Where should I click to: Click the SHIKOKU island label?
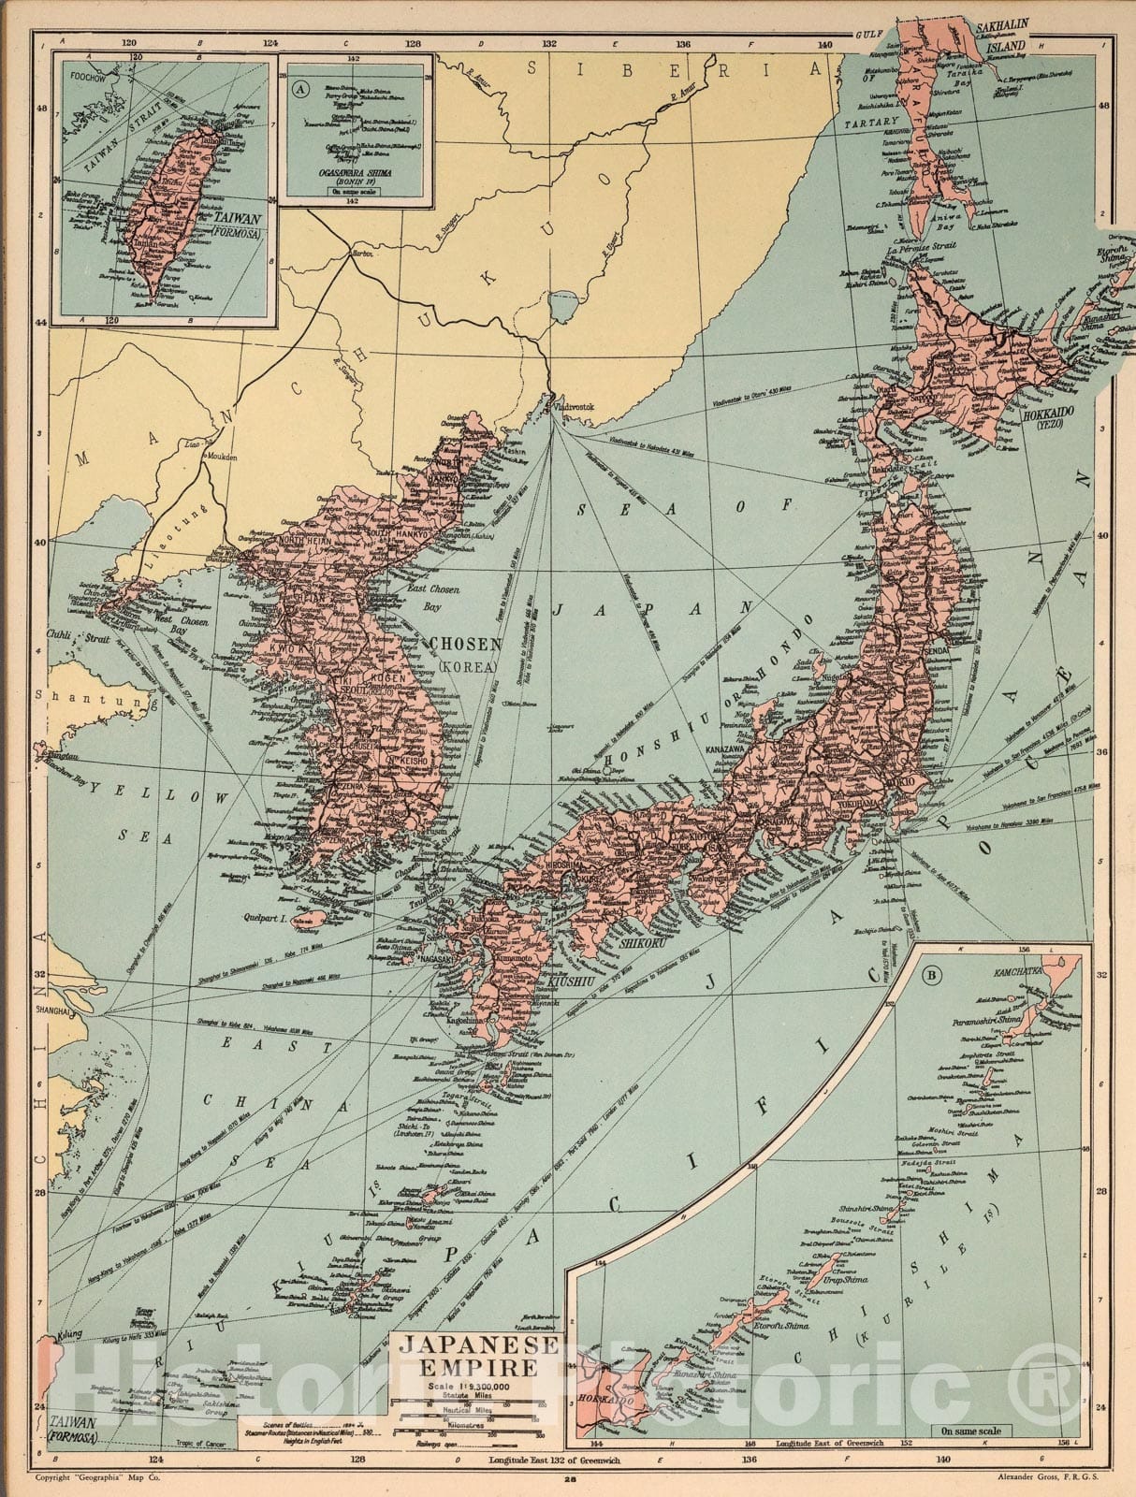[x=642, y=944]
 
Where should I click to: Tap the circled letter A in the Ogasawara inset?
[x=299, y=90]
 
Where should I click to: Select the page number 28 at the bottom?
[x=569, y=1480]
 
